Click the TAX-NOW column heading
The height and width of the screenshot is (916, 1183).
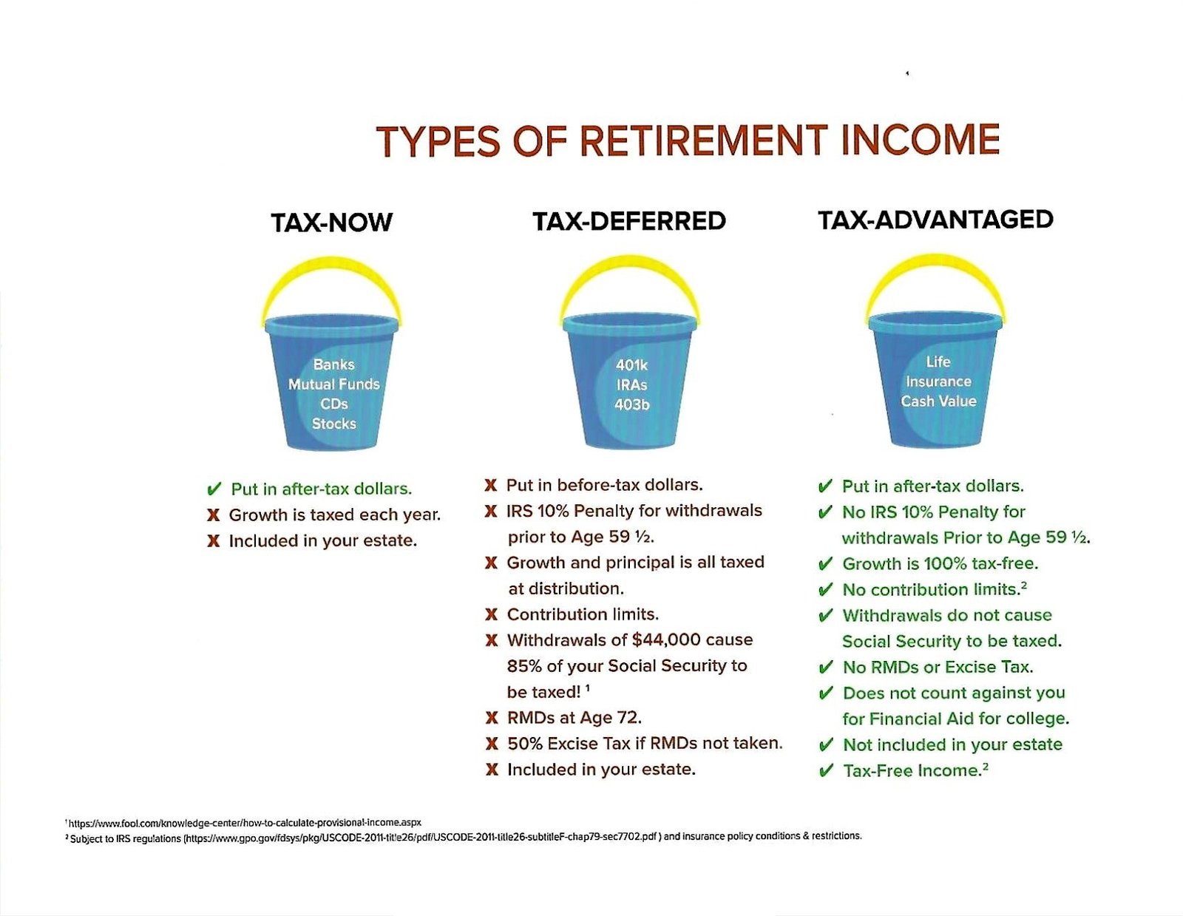pyautogui.click(x=331, y=222)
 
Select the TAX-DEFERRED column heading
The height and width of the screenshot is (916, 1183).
pyautogui.click(x=628, y=221)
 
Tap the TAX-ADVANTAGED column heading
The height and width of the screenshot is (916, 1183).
pyautogui.click(x=936, y=220)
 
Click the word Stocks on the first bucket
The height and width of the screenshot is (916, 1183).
pyautogui.click(x=333, y=424)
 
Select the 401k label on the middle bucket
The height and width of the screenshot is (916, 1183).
pyautogui.click(x=631, y=364)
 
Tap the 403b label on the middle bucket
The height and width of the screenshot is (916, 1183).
pyautogui.click(x=631, y=404)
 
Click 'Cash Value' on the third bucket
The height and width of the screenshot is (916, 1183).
pyautogui.click(x=938, y=401)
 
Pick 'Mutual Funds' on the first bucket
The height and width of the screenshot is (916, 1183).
pyautogui.click(x=333, y=384)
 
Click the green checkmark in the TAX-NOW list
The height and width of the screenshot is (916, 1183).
pyautogui.click(x=214, y=489)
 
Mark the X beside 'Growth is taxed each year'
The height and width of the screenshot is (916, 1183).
pyautogui.click(x=214, y=515)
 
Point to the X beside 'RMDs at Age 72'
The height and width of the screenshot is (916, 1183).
pyautogui.click(x=492, y=718)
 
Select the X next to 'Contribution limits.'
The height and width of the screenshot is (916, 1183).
pyautogui.click(x=491, y=614)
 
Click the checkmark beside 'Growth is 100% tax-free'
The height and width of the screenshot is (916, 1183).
pyautogui.click(x=825, y=563)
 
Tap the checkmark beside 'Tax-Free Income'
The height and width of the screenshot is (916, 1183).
pyautogui.click(x=826, y=770)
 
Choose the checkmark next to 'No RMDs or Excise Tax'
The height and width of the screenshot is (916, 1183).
pyautogui.click(x=826, y=667)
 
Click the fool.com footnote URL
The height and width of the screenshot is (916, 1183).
pyautogui.click(x=245, y=822)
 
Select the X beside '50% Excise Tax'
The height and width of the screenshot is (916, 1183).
pyautogui.click(x=492, y=744)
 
